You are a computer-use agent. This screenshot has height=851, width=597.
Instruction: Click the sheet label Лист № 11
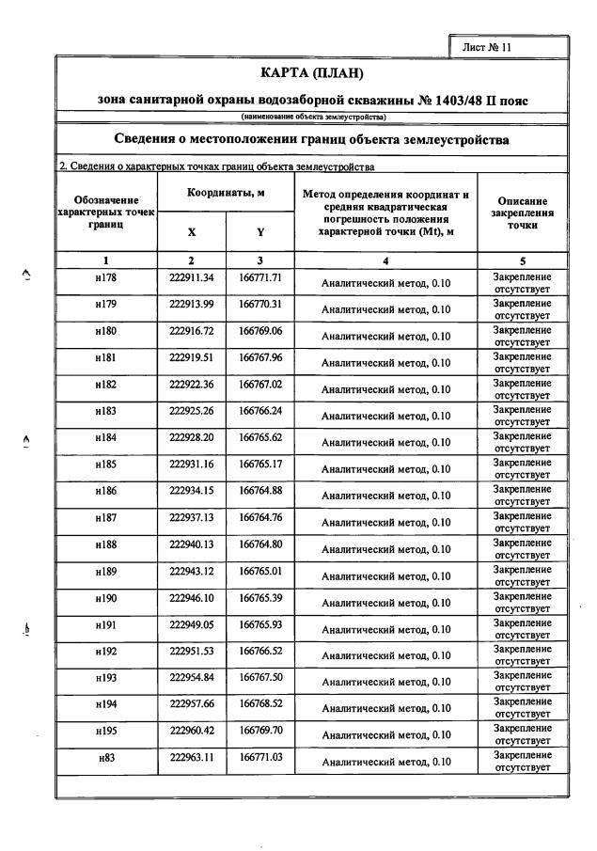pos(487,47)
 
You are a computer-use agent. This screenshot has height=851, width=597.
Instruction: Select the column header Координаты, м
pos(226,192)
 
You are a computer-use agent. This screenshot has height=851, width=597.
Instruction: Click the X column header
pos(192,231)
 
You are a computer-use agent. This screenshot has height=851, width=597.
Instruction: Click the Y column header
pos(260,231)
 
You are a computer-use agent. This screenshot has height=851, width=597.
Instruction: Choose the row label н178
pos(106,278)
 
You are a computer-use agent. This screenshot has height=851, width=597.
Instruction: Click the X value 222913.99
pos(192,305)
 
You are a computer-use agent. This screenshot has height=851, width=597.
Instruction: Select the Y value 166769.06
pos(260,331)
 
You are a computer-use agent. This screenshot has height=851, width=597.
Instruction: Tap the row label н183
pos(106,411)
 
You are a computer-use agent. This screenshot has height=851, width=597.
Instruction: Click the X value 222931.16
pos(192,464)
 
